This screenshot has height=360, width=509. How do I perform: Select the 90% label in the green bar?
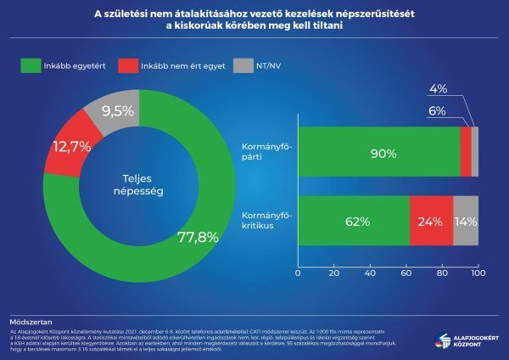pyautogui.click(x=378, y=153)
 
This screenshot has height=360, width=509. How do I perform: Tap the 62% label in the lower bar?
pyautogui.click(x=354, y=222)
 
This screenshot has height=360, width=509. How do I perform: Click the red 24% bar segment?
pyautogui.click(x=431, y=222)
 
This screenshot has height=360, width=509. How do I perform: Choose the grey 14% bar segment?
pyautogui.click(x=466, y=222)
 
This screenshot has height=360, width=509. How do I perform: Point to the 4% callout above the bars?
pyautogui.click(x=437, y=89)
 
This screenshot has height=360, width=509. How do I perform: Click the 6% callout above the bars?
pyautogui.click(x=437, y=110)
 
